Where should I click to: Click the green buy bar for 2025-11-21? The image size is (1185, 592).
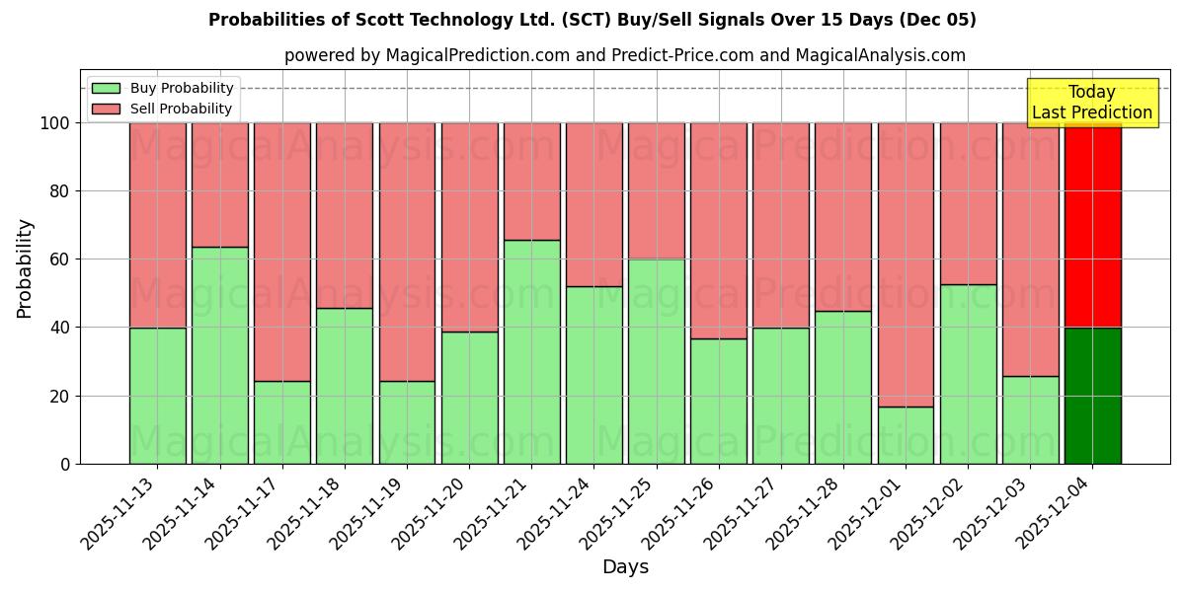pyautogui.click(x=531, y=352)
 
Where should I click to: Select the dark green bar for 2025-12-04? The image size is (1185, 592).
pyautogui.click(x=1092, y=396)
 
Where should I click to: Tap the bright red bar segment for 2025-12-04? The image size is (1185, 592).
pyautogui.click(x=1092, y=225)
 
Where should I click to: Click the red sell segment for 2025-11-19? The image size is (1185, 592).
pyautogui.click(x=407, y=252)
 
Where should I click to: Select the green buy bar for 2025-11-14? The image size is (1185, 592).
pyautogui.click(x=219, y=355)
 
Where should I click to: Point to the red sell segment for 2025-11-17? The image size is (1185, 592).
pyautogui.click(x=282, y=252)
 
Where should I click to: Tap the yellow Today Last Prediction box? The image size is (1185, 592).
pyautogui.click(x=1091, y=103)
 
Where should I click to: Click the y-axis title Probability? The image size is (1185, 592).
pyautogui.click(x=25, y=268)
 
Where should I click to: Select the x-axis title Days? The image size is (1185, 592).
pyautogui.click(x=625, y=567)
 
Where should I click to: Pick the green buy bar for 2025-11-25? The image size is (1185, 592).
pyautogui.click(x=656, y=361)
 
